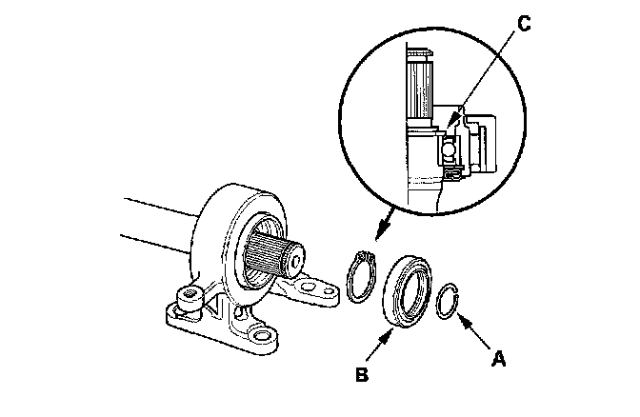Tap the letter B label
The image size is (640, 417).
[361, 374]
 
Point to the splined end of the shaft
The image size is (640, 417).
[271, 256]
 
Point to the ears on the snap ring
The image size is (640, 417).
[361, 256]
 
